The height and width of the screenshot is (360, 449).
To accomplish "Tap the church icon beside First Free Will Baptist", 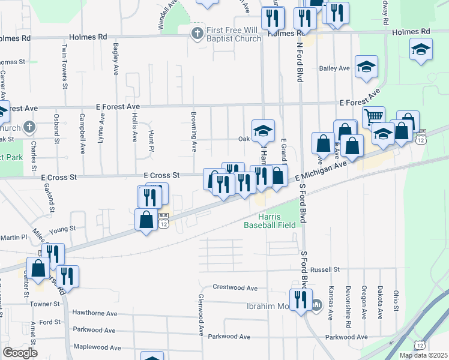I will pyautogui.click(x=197, y=34).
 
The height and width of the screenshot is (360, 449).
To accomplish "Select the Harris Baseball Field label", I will pyautogui.click(x=270, y=221).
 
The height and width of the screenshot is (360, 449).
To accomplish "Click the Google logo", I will pyautogui.click(x=20, y=352).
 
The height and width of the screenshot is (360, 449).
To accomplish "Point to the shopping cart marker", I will pyautogui.click(x=374, y=117).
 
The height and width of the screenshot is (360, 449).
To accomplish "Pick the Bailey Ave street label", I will pyautogui.click(x=334, y=68).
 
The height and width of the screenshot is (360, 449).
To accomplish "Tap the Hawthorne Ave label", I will pyautogui.click(x=94, y=313).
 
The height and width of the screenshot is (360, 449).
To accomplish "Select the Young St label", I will pyautogui.click(x=62, y=229).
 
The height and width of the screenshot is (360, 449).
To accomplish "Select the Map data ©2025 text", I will pyautogui.click(x=423, y=355).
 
